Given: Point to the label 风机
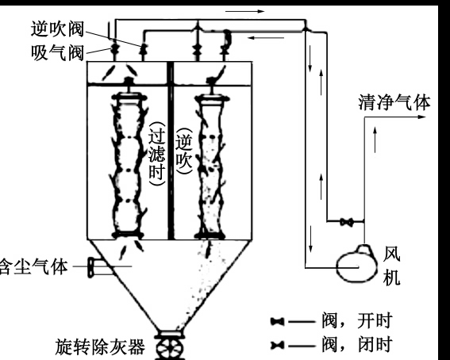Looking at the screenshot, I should pos(391,266).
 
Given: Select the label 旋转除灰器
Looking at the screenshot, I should pos(101,347).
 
